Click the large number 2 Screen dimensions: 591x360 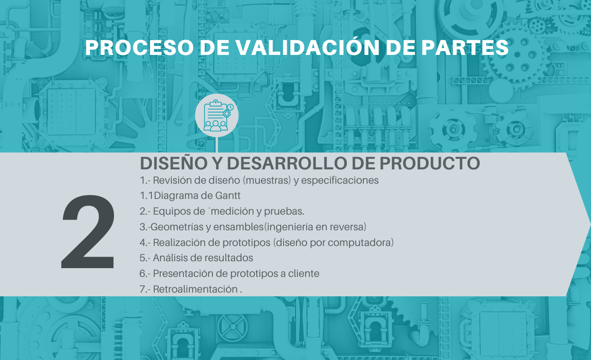tap(88, 232)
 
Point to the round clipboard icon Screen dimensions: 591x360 tap(217, 115)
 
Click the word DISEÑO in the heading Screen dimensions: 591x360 tap(174, 163)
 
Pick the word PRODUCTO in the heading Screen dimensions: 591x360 tap(430, 163)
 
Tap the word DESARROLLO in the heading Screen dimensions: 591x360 tap(287, 163)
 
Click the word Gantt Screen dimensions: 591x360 tap(228, 196)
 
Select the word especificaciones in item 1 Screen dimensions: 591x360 tap(340, 180)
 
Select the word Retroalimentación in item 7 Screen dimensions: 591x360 tap(195, 289)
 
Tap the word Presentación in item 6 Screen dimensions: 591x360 tap(183, 274)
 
